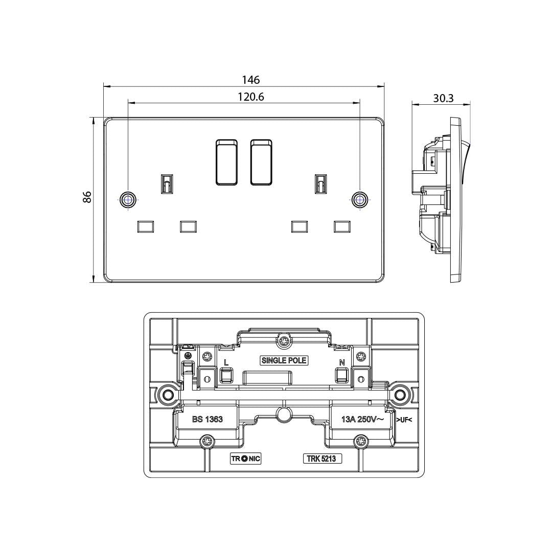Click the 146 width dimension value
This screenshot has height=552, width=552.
[250, 80]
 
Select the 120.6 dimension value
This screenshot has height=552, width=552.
[250, 97]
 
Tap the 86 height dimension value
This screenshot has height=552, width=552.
[87, 197]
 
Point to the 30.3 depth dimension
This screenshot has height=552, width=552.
[443, 98]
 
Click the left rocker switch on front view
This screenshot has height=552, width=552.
[226, 163]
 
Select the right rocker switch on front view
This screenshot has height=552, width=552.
[261, 163]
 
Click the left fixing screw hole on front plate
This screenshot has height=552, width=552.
[127, 200]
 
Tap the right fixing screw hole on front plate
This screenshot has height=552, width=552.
[360, 200]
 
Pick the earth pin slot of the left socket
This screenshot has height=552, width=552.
[167, 183]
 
